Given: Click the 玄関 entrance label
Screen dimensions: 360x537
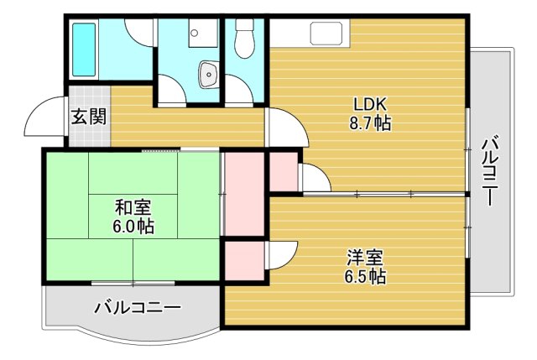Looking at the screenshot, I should pos(88,117).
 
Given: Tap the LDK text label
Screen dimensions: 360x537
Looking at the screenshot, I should pos(368,105).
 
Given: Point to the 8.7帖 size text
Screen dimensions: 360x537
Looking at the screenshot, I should pos(369,123).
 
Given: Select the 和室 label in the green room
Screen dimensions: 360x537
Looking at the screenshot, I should pos(133,206).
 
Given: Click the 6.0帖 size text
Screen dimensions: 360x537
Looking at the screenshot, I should pos(133,226).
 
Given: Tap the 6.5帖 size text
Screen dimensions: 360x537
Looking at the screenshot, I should pos(364,275).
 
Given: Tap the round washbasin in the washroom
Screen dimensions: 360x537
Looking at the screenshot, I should pos(207,75).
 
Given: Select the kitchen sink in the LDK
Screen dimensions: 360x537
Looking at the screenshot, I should pos(326,34).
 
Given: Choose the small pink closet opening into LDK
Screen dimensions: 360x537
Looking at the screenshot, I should pos(282,171).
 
